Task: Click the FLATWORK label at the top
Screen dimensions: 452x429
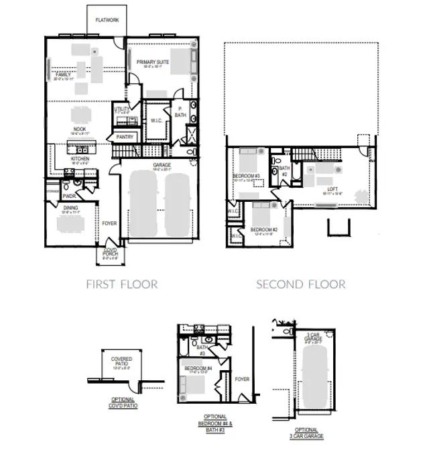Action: coord(107,21)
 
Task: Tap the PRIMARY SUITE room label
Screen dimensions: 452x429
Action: coord(153,62)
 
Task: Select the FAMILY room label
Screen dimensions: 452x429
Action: coord(64,74)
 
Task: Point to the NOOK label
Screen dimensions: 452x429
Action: coord(80,129)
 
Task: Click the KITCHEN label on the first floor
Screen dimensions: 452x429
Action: coord(80,159)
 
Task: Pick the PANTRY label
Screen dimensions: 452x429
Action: coord(125,137)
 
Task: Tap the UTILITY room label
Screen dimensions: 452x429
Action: coord(122,109)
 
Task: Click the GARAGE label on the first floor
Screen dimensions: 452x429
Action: coord(161,164)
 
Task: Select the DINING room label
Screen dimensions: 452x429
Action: coord(70,209)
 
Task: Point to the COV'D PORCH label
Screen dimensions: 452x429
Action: coord(111,253)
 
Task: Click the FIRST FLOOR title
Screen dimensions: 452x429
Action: coord(122,284)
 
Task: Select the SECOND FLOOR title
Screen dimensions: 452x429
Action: coord(301,284)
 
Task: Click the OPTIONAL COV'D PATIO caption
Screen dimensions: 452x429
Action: coord(124,404)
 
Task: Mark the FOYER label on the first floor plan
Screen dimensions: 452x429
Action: coord(109,224)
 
